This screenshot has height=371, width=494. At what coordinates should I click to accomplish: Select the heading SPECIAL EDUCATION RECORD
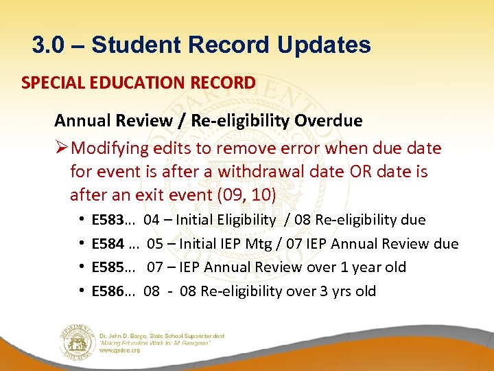coord(138,83)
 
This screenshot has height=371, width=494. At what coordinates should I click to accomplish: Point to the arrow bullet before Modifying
coord(62,148)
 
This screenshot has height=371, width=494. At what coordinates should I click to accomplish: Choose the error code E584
coord(107,243)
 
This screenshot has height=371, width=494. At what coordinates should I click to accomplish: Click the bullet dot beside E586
coord(82,291)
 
